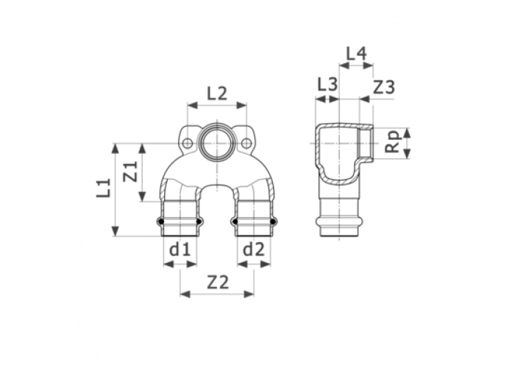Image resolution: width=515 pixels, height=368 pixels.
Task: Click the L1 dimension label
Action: tap(103, 188)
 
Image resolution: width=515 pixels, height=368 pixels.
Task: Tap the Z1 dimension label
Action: tap(130, 171)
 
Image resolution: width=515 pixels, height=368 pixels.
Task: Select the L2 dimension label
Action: tap(217, 93)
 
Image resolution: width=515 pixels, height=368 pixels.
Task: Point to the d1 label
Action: tap(180, 250)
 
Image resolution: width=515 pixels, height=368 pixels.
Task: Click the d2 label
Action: tap(253, 250)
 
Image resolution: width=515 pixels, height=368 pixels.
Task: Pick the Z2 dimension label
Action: tap(218, 282)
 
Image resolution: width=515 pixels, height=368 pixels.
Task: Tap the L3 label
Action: tap(327, 85)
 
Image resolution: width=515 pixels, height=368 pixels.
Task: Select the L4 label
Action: tap(356, 54)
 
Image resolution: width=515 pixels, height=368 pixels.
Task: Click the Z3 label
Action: tap(384, 88)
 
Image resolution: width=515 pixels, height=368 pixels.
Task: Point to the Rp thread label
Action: tap(392, 142)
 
